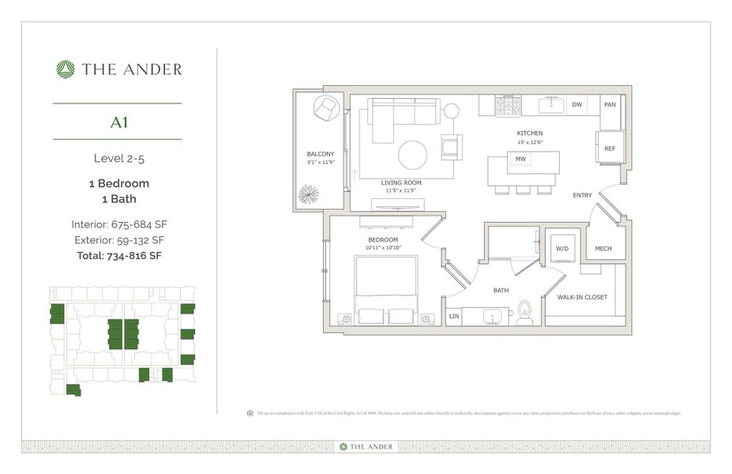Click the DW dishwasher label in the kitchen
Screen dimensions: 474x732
point(577,104)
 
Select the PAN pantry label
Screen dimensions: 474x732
point(610,104)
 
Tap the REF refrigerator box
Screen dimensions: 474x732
point(610,148)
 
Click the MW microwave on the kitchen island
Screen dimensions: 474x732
point(520,159)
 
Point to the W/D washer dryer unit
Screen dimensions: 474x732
point(562,248)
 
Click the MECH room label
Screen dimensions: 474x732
point(603,249)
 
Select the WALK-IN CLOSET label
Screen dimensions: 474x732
point(582,297)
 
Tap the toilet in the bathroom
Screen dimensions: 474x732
point(524,313)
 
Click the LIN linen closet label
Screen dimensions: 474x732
point(453,316)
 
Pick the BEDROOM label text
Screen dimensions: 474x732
point(382,239)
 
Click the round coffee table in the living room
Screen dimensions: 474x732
point(412,155)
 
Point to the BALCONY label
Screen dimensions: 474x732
point(321,154)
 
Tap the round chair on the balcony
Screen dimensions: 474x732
point(326,108)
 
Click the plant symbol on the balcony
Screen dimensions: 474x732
point(310,194)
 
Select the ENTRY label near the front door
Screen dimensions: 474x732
point(583,195)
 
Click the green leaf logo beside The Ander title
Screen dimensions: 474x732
point(66,70)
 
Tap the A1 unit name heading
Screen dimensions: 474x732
point(119,122)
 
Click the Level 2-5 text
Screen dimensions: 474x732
point(118,158)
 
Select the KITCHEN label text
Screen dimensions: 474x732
point(530,133)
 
